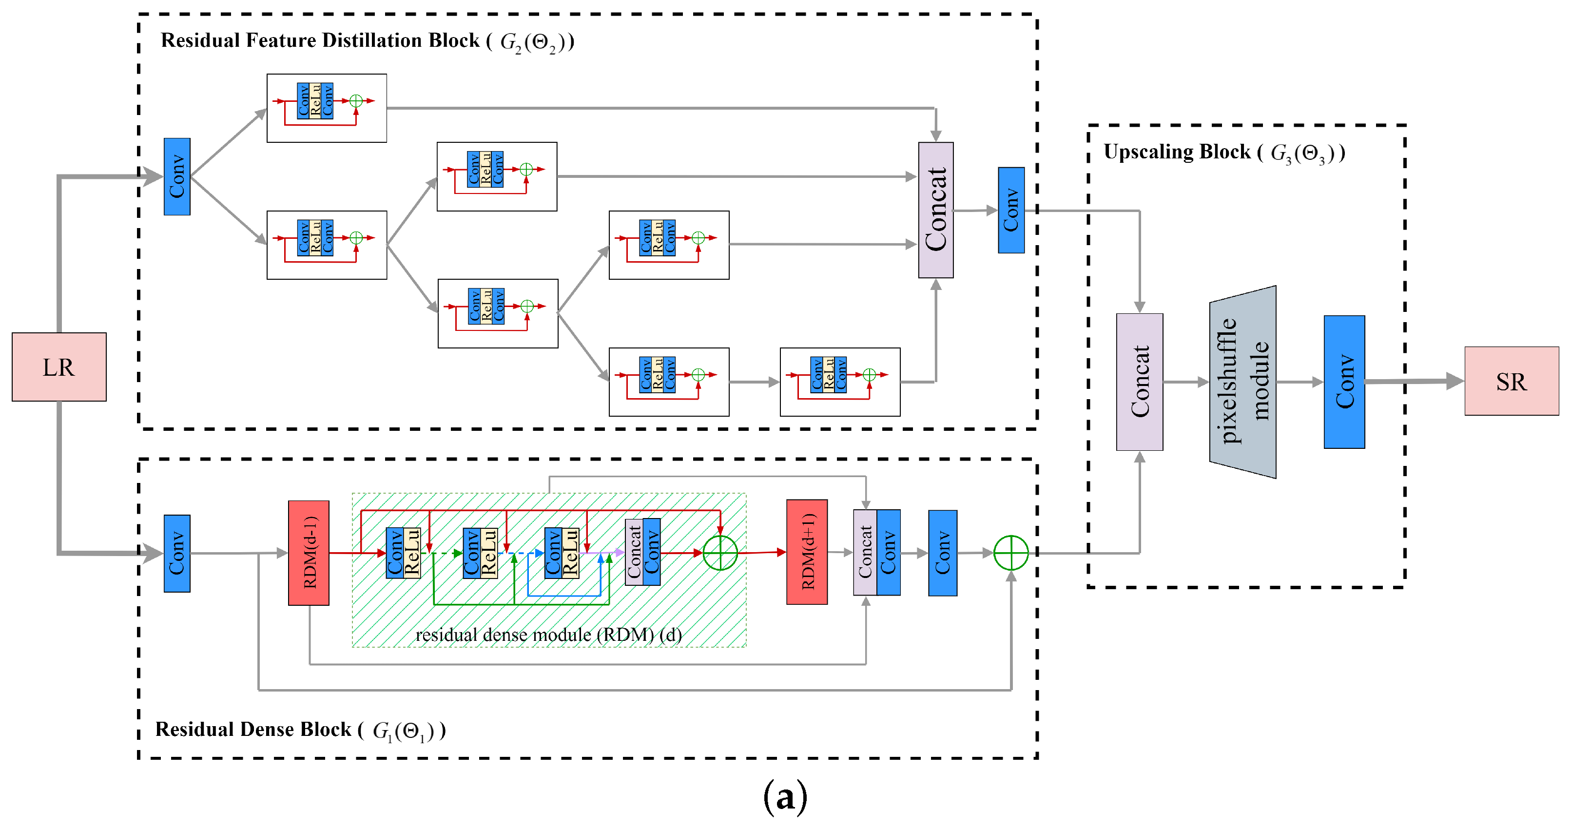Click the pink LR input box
click(x=58, y=367)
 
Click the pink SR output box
click(x=1511, y=382)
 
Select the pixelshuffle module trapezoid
click(x=1243, y=382)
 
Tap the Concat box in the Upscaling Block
click(x=1139, y=382)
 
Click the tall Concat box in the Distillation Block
click(x=935, y=210)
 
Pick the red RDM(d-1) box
click(x=309, y=553)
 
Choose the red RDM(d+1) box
click(x=806, y=552)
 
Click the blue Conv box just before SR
click(x=1344, y=382)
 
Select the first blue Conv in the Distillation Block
click(x=177, y=176)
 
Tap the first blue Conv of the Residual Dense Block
click(x=177, y=553)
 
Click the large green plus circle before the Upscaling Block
click(x=1010, y=553)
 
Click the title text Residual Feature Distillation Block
click(x=320, y=41)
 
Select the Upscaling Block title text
click(x=1177, y=152)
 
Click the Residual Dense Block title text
click(x=253, y=729)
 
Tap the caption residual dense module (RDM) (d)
click(x=548, y=635)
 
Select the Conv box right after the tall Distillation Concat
click(x=1010, y=210)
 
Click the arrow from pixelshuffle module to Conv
click(x=1299, y=382)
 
